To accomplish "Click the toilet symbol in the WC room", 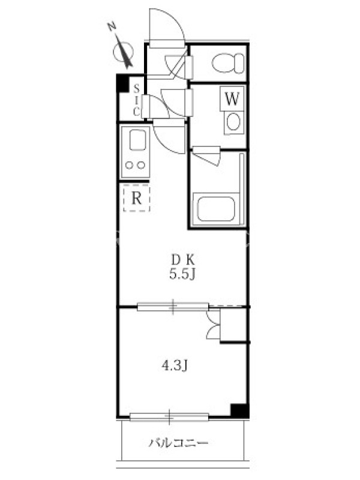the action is click(x=228, y=63).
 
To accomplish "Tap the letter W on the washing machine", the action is click(x=232, y=98).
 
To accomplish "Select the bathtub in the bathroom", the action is click(x=216, y=208).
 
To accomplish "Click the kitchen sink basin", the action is click(x=137, y=140).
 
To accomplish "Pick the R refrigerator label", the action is click(x=136, y=199).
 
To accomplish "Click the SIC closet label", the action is click(x=137, y=100).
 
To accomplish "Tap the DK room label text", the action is click(x=183, y=260).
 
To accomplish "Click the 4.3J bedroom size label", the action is click(x=175, y=365).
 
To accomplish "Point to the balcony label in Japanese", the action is click(x=178, y=443).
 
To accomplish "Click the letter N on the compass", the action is click(x=112, y=27).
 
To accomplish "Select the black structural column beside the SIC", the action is click(x=123, y=83).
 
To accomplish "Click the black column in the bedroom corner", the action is click(x=239, y=411).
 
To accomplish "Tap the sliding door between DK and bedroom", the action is click(x=173, y=307).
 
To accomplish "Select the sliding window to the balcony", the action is click(x=169, y=416).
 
